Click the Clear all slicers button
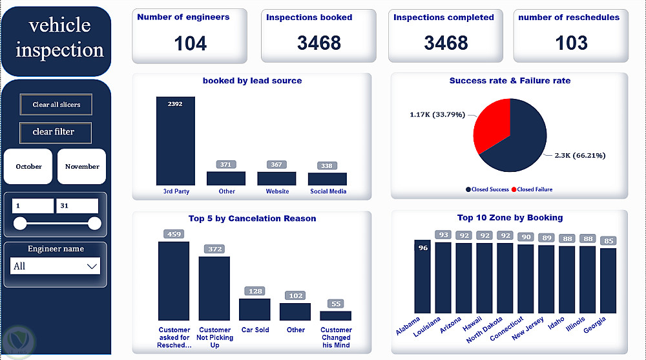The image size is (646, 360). (56, 104)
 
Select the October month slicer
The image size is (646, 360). (29, 167)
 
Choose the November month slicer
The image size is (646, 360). (82, 167)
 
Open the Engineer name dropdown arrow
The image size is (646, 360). (91, 266)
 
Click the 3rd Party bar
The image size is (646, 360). (176, 142)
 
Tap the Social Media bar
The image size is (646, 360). (328, 179)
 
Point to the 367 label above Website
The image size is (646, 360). (276, 165)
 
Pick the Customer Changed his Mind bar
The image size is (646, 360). (336, 315)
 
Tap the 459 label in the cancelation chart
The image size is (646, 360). (174, 234)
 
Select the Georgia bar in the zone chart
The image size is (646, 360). (608, 281)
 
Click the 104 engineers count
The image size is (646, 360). (190, 43)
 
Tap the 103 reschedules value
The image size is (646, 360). (571, 43)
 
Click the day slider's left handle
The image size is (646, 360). (20, 224)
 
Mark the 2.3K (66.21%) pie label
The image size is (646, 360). (579, 155)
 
